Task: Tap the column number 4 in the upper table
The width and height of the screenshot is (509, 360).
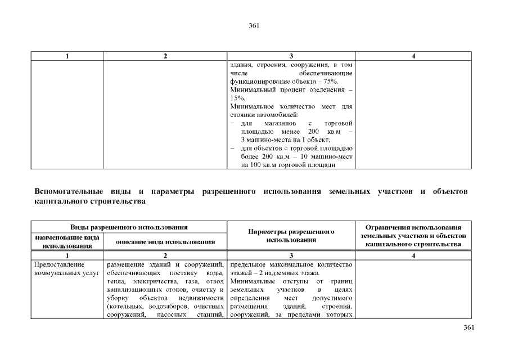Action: coord(413,56)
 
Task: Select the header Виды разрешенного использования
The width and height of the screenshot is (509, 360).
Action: coord(128,227)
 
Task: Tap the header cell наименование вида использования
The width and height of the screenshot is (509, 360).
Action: coord(67,241)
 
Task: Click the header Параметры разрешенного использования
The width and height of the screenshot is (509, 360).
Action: coord(290,236)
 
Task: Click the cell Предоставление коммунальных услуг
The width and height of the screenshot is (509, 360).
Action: coord(62,268)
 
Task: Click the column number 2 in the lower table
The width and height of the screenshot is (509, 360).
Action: coord(165,255)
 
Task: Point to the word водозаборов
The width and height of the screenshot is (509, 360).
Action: coord(169,307)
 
